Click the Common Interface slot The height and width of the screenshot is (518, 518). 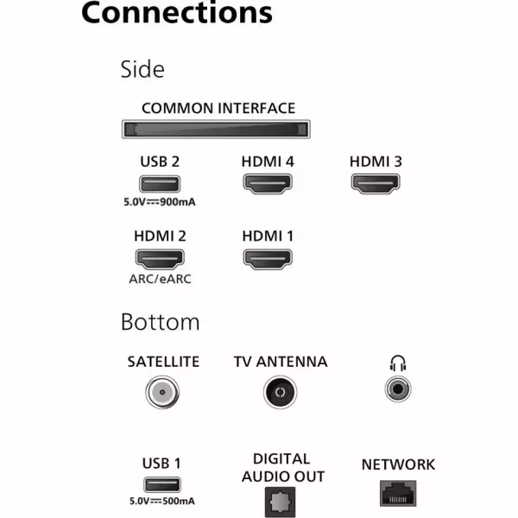click(x=216, y=129)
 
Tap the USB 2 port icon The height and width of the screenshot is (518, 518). click(x=160, y=184)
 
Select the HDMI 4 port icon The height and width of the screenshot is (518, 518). click(x=268, y=184)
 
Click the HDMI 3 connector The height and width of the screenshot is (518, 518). click(x=376, y=184)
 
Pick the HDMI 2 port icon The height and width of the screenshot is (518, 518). click(x=160, y=259)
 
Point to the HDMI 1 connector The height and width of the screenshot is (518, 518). click(x=268, y=259)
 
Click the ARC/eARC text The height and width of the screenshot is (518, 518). click(x=160, y=279)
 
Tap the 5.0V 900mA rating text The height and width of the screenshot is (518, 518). click(x=160, y=202)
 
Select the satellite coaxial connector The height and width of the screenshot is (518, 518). click(x=162, y=392)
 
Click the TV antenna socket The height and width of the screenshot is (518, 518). click(x=280, y=392)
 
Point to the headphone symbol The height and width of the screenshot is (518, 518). click(x=398, y=363)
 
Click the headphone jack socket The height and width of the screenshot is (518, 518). click(x=398, y=389)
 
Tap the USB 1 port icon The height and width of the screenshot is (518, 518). click(x=162, y=485)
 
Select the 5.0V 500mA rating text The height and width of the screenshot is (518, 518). click(x=162, y=501)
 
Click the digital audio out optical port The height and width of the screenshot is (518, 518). click(x=280, y=502)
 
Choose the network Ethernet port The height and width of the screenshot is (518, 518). click(x=398, y=494)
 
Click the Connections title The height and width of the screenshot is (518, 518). click(x=177, y=13)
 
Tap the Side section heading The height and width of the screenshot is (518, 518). click(x=142, y=69)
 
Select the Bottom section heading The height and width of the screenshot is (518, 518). click(x=161, y=322)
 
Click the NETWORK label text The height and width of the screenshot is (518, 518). click(x=398, y=464)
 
